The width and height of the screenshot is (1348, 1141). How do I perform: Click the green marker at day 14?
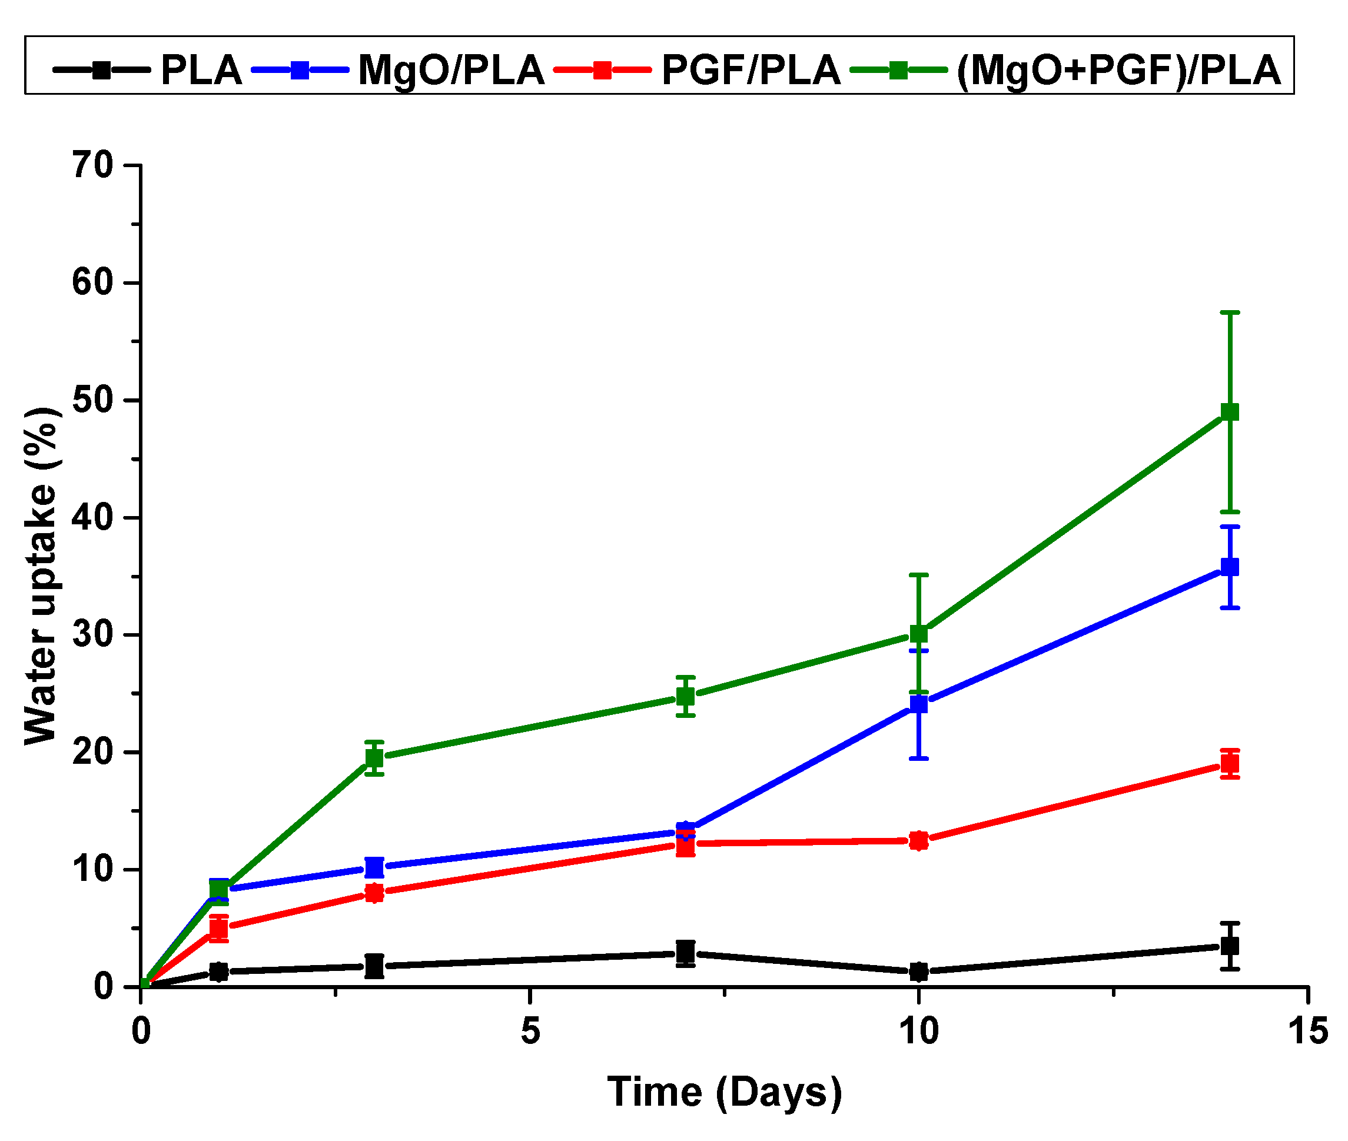coord(1229,412)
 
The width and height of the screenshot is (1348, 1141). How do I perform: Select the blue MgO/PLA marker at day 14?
coord(1229,567)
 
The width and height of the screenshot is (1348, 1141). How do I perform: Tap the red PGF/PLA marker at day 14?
coord(1229,764)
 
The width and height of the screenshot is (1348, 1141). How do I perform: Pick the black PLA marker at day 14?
coord(1229,946)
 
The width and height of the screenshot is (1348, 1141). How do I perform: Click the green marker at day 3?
coord(374,757)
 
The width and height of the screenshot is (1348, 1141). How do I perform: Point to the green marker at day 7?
coord(685,697)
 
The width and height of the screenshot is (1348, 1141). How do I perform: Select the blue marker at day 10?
coord(918,704)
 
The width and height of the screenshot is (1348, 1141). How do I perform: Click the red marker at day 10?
coord(918,841)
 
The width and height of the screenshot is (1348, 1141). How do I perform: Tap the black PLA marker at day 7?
coord(685,952)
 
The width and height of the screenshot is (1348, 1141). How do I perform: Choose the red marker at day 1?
coord(219,928)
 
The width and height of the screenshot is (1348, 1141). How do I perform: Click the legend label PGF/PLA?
coord(751,70)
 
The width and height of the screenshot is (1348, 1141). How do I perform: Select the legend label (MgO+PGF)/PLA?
coord(1118,70)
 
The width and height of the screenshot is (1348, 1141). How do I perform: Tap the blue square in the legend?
coord(300,70)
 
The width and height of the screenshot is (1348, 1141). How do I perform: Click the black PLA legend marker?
coord(101,70)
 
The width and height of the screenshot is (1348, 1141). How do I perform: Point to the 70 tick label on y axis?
coord(92,165)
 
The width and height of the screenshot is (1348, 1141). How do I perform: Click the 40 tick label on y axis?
coord(92,518)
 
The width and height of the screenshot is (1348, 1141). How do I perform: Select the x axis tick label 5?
coord(530,1031)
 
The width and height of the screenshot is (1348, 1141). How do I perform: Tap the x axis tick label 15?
coord(1308,1031)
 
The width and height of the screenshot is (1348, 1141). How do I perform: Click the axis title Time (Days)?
coord(724,1093)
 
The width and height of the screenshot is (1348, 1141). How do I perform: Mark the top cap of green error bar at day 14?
coord(1229,312)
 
